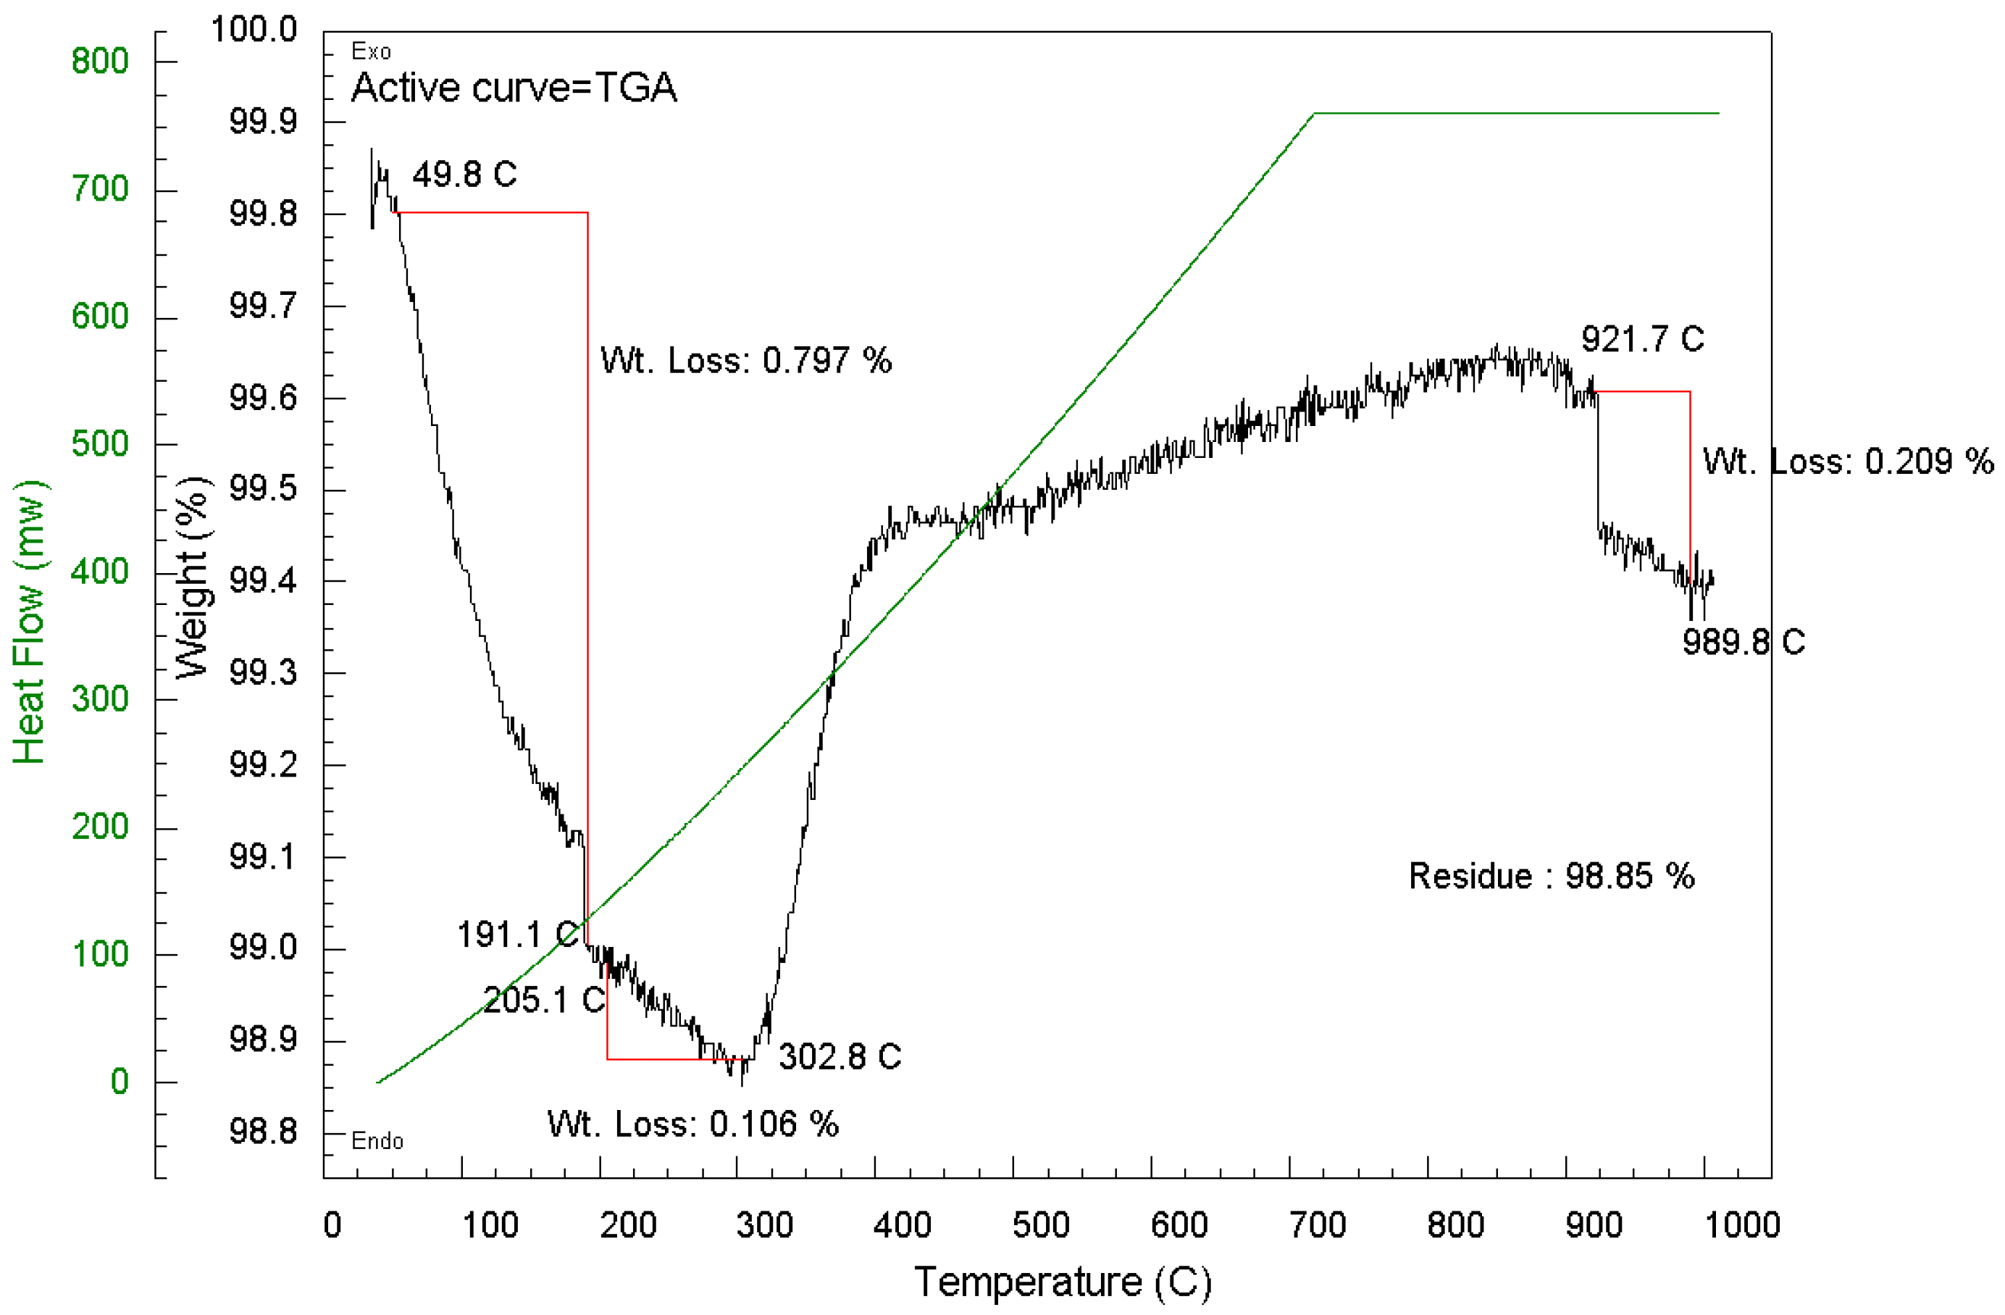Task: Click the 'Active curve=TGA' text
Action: coord(514,88)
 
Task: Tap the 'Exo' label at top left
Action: coord(371,52)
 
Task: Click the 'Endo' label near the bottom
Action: coord(377,1141)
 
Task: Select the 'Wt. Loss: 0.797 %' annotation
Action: coord(745,361)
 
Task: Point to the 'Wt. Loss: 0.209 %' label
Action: coord(1848,462)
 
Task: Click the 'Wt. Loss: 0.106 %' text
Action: coord(692,1124)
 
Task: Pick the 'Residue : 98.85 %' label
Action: coord(1551,876)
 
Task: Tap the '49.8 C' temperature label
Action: coord(464,175)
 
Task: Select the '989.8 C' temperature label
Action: coord(1743,643)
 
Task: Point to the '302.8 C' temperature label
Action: coord(839,1056)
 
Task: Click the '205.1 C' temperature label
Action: coord(543,1000)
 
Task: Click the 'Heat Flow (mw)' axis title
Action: coord(30,623)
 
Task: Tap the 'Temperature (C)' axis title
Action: coord(1063,1282)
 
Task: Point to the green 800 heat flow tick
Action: coord(99,61)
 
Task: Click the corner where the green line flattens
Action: coord(1314,113)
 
